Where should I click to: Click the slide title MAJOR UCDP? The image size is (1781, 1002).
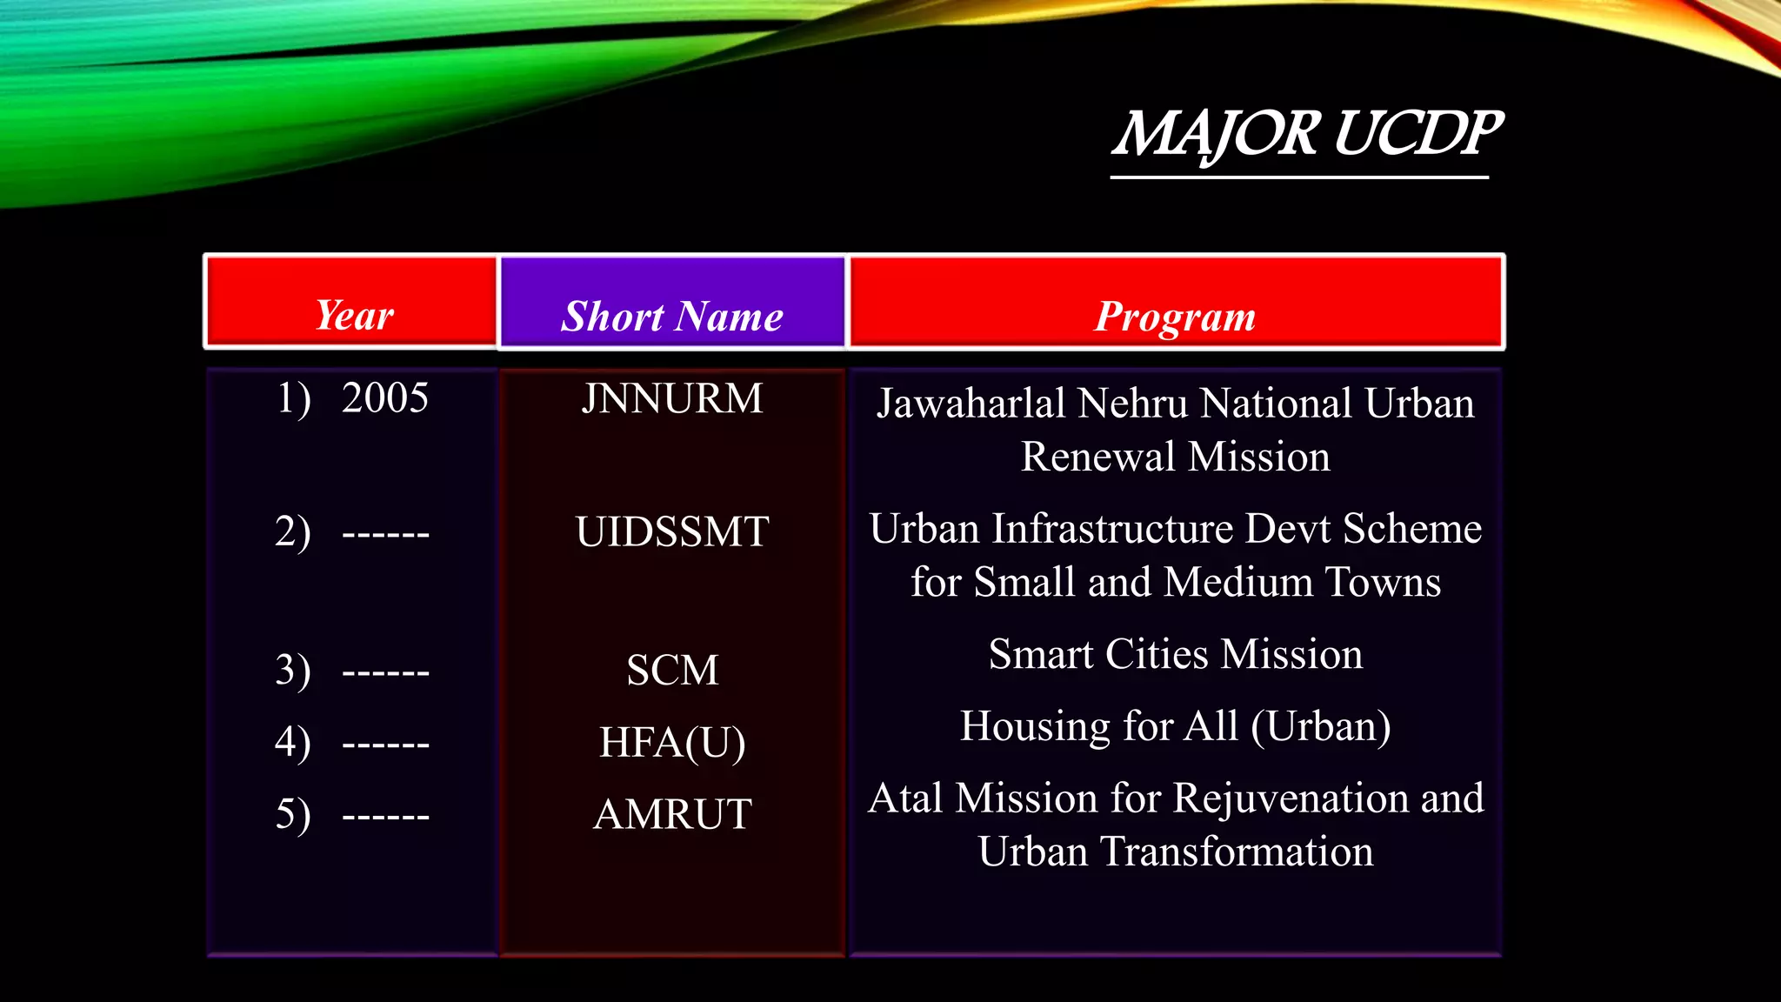[1306, 134]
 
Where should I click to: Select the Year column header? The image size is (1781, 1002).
[354, 314]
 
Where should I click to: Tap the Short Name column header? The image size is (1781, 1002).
[672, 316]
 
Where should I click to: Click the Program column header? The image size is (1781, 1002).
[1175, 316]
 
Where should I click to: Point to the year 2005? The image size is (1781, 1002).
[384, 398]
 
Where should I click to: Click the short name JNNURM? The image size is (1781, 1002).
[672, 398]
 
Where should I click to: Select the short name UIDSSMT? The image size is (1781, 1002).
[672, 531]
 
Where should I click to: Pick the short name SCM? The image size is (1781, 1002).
[672, 671]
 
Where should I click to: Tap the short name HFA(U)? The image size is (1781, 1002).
[672, 743]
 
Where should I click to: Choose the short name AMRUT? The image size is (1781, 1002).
[672, 815]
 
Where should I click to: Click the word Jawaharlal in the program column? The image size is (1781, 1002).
[971, 404]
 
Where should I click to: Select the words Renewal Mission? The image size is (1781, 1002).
[1175, 457]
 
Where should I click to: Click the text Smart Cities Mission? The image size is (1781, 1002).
[1175, 654]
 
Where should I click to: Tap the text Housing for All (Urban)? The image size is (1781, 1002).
[1175, 726]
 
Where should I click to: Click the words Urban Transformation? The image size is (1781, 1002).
[1175, 852]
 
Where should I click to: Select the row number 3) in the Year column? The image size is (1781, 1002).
[293, 671]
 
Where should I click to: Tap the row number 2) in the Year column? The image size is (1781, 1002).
[293, 531]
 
